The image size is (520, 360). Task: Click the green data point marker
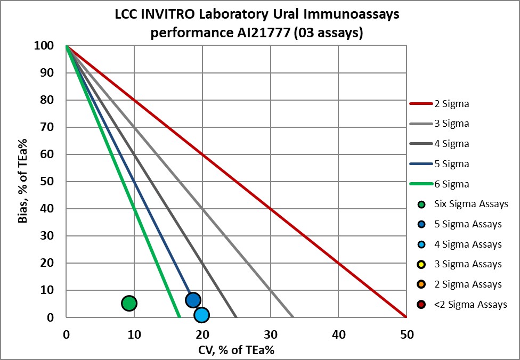129,303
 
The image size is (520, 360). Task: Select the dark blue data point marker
193,300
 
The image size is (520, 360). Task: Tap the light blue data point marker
201,315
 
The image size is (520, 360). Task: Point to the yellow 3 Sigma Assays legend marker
421,264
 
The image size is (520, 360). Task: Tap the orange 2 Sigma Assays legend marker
421,284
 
